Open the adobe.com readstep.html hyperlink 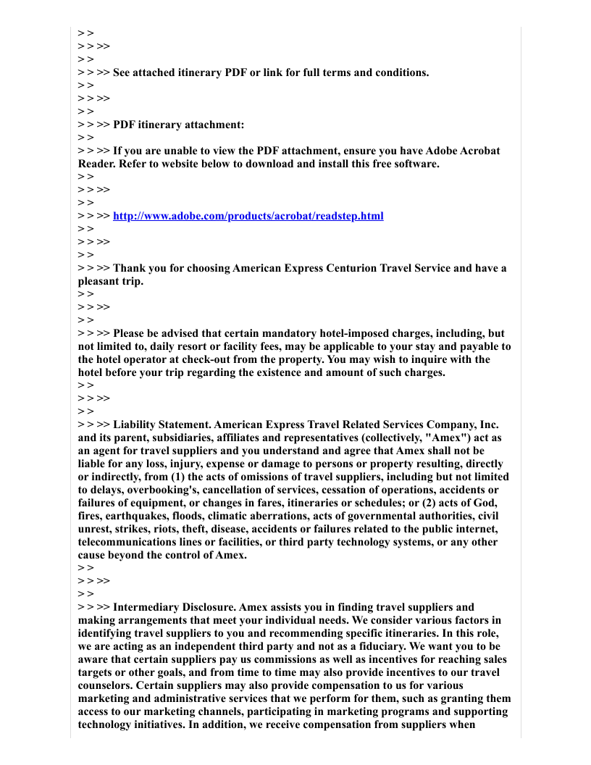click(x=248, y=216)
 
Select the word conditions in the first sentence click(x=398, y=72)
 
